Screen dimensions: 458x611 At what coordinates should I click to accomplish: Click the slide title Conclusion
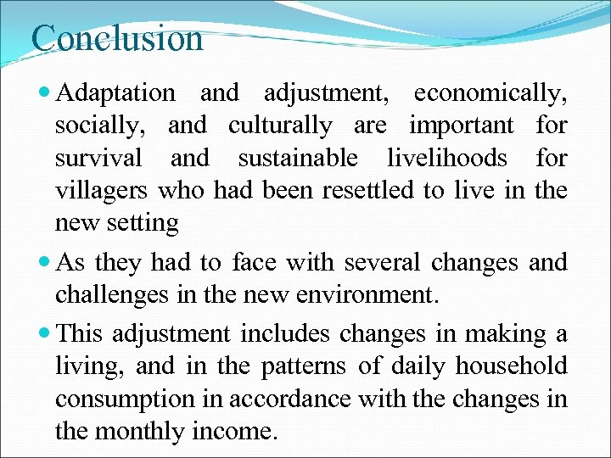[117, 38]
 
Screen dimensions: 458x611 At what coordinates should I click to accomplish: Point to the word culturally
[280, 126]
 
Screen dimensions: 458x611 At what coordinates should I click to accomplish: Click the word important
[462, 126]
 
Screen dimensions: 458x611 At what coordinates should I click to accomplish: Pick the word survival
[98, 159]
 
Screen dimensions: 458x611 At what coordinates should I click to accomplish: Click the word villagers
[102, 191]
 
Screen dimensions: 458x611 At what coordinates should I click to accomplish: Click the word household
[512, 366]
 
